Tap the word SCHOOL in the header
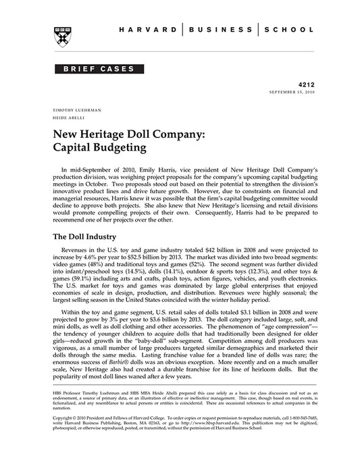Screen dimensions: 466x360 click(288, 30)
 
